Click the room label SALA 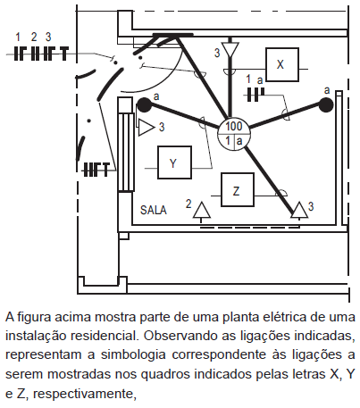pyautogui.click(x=154, y=210)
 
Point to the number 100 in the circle pyautogui.click(x=234, y=127)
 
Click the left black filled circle pyautogui.click(x=145, y=105)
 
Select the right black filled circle pyautogui.click(x=326, y=105)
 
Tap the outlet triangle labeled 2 pyautogui.click(x=202, y=211)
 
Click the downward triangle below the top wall pyautogui.click(x=230, y=49)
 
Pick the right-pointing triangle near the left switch pyautogui.click(x=146, y=128)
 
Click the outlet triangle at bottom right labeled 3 pyautogui.click(x=299, y=211)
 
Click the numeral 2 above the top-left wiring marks pyautogui.click(x=34, y=37)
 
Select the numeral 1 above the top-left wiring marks pyautogui.click(x=18, y=37)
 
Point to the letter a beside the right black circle pyautogui.click(x=327, y=90)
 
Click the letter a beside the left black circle pyautogui.click(x=156, y=96)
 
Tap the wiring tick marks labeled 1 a pyautogui.click(x=255, y=95)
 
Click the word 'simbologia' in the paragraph pyautogui.click(x=133, y=355)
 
